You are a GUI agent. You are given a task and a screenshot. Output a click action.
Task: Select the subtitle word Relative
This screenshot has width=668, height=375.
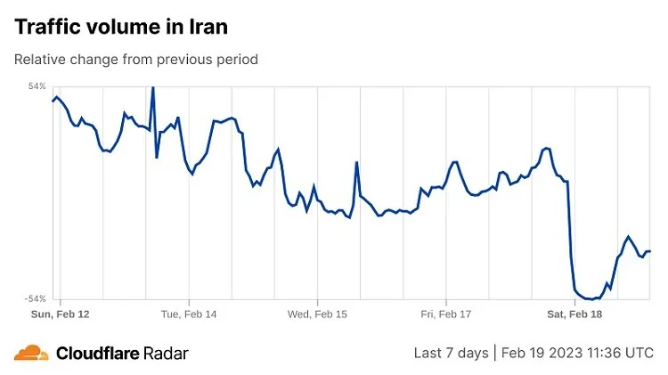coord(41,60)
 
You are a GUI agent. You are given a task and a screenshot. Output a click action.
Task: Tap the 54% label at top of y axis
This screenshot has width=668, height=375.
coord(37,86)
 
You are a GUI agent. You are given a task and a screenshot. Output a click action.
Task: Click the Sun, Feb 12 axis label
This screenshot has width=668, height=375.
coord(61,314)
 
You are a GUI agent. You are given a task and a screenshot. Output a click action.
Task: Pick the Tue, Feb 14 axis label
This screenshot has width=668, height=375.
coord(189,314)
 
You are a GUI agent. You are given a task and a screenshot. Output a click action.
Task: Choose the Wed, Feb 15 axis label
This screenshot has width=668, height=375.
coord(317,314)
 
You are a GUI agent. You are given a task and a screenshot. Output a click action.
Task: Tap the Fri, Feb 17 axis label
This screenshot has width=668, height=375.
coord(444,314)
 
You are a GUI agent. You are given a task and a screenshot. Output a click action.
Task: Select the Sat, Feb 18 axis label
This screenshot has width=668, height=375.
coord(574,314)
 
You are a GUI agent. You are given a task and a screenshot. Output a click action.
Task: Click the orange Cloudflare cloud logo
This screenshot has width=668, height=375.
coord(31,352)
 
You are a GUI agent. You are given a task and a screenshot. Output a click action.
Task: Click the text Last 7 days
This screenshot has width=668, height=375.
coord(451,353)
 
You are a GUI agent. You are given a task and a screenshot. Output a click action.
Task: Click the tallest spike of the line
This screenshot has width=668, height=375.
coord(152,87)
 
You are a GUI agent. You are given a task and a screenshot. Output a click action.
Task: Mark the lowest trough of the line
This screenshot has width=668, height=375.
coord(591,299)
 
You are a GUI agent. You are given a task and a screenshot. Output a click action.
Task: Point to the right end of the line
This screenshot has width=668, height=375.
coord(650,251)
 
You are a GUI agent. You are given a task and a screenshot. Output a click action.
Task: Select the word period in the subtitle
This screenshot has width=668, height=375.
coord(236,60)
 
